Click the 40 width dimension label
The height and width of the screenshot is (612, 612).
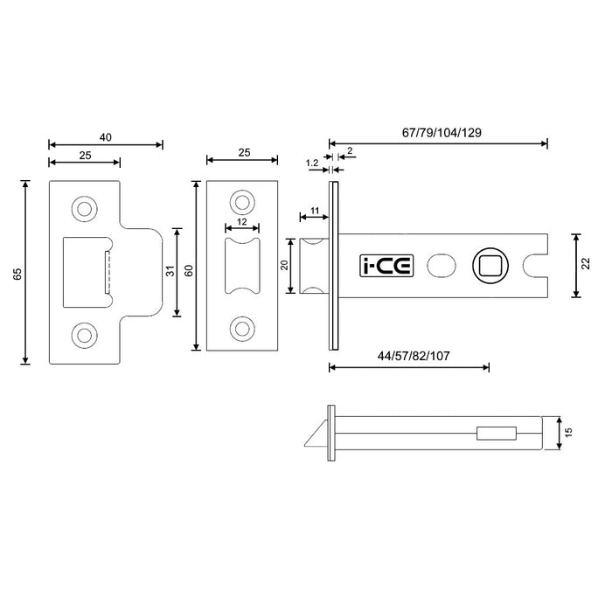click(106, 137)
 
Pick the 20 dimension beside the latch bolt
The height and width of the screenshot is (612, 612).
click(284, 265)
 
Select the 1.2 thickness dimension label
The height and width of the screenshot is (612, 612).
click(312, 163)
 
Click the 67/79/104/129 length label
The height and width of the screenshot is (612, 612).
click(442, 132)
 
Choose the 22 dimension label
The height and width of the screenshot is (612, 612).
click(586, 265)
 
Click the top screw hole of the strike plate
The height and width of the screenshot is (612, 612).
click(85, 208)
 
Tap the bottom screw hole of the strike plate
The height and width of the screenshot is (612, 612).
click(85, 334)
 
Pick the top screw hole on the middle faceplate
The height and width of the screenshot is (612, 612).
click(242, 203)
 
